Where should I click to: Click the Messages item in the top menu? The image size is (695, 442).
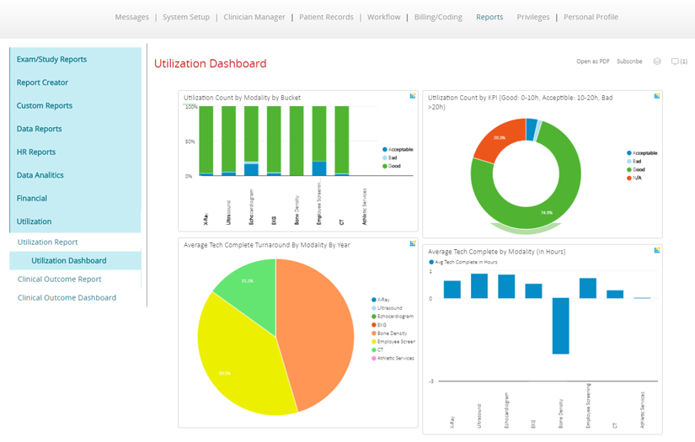point(131,17)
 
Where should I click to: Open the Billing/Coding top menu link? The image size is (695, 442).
point(438,17)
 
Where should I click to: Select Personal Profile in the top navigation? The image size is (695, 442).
point(591,17)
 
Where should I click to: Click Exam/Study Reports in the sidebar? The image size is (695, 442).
point(51,60)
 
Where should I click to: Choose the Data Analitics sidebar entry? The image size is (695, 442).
point(40,175)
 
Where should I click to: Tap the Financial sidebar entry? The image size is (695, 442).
point(32,199)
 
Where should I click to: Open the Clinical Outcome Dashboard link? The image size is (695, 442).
point(67,298)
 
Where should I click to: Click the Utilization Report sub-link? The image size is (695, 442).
point(47,242)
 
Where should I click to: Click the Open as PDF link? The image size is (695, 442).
point(593,61)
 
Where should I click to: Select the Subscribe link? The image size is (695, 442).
point(629,61)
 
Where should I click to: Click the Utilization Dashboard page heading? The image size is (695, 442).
point(210,64)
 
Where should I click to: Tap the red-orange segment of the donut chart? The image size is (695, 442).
point(497,143)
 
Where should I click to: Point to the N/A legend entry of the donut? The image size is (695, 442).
point(638,178)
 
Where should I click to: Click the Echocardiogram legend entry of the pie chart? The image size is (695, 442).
point(395,317)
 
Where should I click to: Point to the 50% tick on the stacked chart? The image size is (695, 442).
point(190,141)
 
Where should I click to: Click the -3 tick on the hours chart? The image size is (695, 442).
point(430,381)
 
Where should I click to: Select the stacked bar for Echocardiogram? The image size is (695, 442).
point(251,141)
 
